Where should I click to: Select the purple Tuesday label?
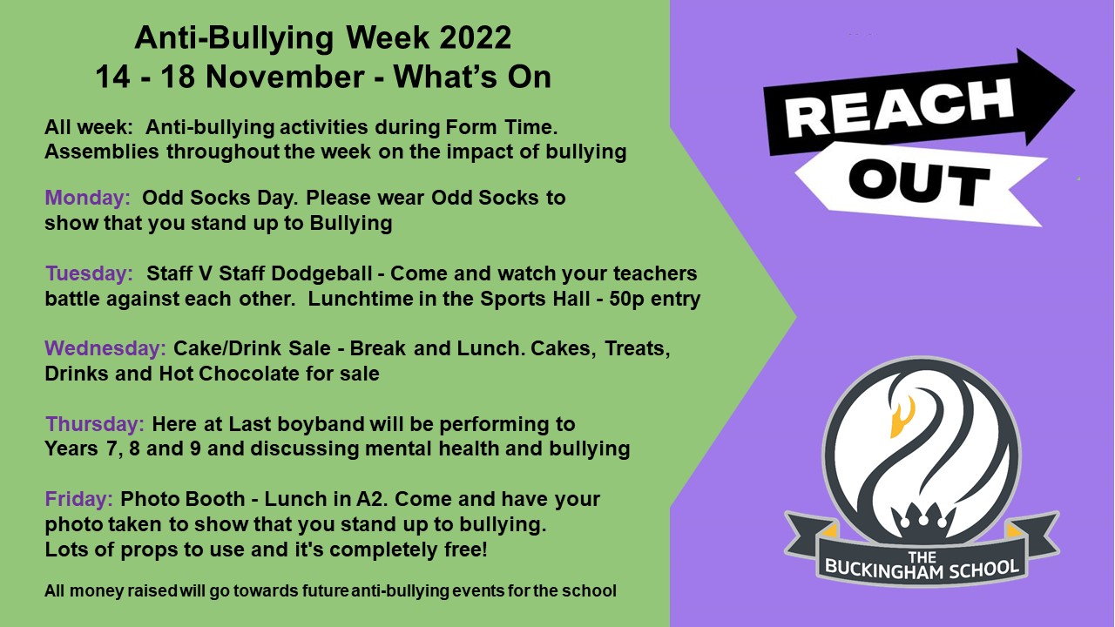coord(90,273)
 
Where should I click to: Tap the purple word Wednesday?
coord(105,348)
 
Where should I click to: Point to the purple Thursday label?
coord(95,424)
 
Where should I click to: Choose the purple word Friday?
coord(79,499)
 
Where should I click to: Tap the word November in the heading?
coord(285,78)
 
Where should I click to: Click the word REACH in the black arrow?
coord(899,107)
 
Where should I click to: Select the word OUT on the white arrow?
coord(918,183)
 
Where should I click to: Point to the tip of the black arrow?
coord(1075,91)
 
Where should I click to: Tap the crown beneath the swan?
coord(922,518)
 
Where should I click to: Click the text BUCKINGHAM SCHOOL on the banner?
coord(922,569)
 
